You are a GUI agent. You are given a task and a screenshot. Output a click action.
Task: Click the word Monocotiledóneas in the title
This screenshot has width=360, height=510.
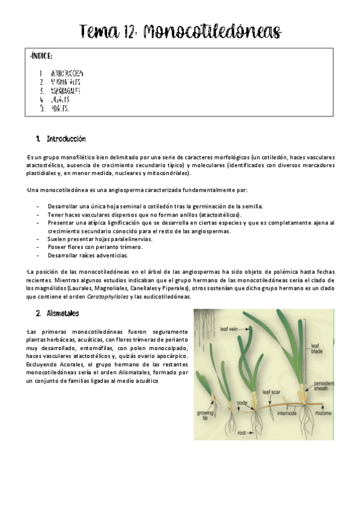point(213,31)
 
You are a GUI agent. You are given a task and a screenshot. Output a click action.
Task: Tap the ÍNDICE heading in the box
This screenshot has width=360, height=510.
point(40,57)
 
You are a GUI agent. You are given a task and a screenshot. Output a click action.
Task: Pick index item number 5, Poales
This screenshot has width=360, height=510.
point(60,109)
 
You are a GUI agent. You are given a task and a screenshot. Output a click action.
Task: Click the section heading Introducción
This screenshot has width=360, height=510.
point(65,139)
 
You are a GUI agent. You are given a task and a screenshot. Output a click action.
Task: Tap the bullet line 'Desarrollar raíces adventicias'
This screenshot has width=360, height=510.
point(90,255)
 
